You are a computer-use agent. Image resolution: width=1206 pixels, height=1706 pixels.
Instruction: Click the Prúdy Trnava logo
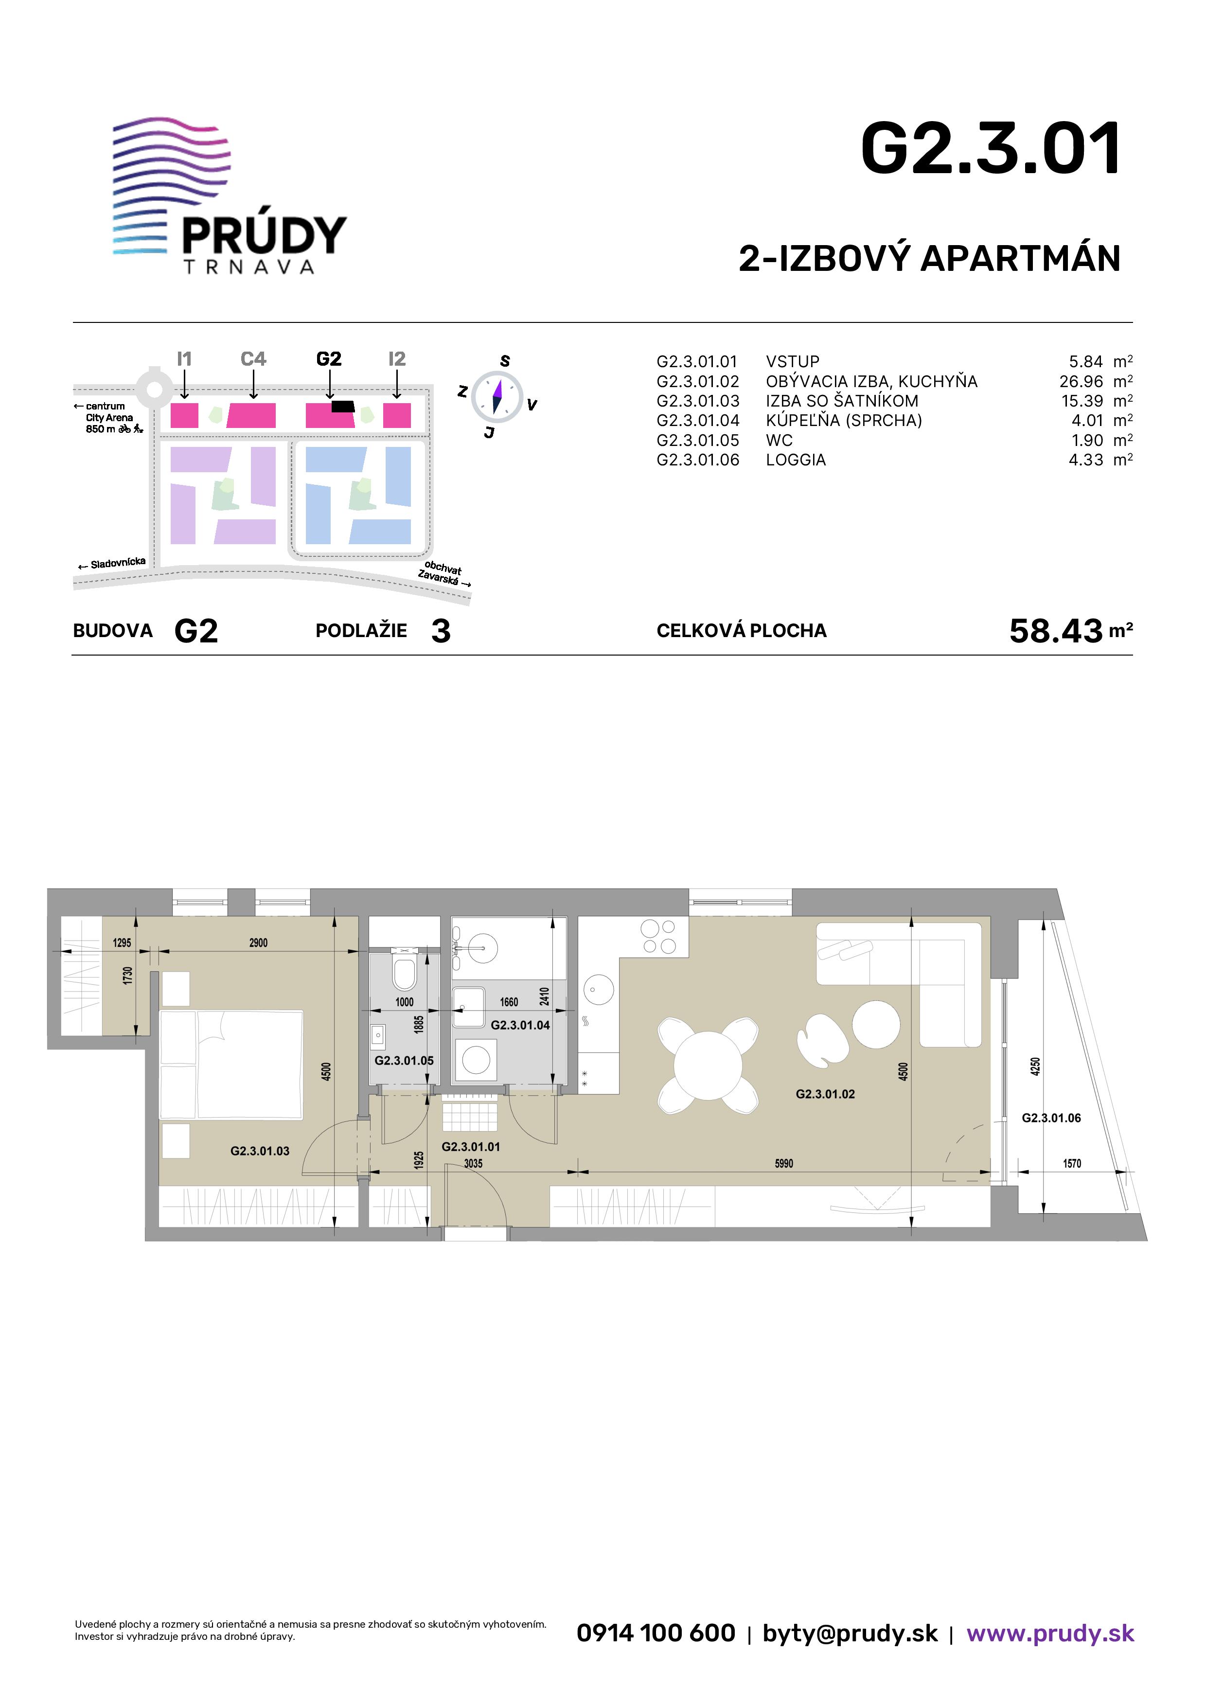pos(230,196)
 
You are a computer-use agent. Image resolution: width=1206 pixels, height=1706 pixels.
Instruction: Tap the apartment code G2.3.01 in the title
pos(991,149)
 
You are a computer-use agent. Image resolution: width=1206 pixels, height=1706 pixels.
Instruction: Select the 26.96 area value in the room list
pos(1081,381)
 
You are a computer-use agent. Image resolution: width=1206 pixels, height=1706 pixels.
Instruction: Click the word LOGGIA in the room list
pos(796,460)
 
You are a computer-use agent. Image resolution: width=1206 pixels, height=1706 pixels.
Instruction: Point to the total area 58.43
pos(1055,631)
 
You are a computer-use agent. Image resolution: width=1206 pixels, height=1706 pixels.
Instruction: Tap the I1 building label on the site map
pos(184,359)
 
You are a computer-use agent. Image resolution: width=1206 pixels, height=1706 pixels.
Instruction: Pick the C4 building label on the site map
pos(253,359)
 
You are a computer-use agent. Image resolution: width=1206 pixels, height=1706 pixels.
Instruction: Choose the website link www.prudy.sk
pos(1050,1633)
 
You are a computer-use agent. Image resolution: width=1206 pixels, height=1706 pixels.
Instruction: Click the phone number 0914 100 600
pos(656,1633)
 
